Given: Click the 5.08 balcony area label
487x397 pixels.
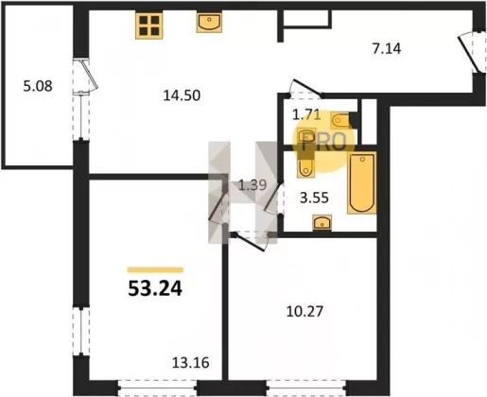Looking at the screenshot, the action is coord(38,86).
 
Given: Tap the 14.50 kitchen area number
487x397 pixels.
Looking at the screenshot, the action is coord(182,95).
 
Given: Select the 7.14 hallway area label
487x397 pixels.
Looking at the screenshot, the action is coord(387,49).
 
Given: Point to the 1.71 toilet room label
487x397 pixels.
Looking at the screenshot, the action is coord(306,114).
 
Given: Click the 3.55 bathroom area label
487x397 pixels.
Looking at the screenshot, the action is coord(314,198).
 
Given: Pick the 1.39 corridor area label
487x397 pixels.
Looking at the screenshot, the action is coord(252,185).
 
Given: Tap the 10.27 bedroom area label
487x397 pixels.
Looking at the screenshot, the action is coord(304,312).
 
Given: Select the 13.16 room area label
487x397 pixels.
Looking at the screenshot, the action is coord(191,363).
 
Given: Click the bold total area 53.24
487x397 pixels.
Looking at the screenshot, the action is coord(155,288).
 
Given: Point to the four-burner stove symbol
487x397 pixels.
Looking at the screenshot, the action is coord(149,26).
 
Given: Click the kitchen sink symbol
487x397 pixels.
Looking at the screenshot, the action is coord(209,23).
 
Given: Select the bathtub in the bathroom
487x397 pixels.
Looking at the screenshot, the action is coord(362,183).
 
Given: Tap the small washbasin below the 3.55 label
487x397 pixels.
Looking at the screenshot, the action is coord(322,222).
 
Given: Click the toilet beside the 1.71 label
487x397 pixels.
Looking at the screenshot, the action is coord(340,120).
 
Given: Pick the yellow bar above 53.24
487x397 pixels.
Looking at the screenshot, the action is coord(155,269).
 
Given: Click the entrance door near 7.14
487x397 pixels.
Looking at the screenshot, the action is coord(472,52).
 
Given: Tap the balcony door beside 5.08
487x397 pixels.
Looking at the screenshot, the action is coord(86,77).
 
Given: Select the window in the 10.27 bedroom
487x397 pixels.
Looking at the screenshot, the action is coord(306,388).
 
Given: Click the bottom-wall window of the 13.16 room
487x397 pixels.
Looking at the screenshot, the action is coord(158,388).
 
